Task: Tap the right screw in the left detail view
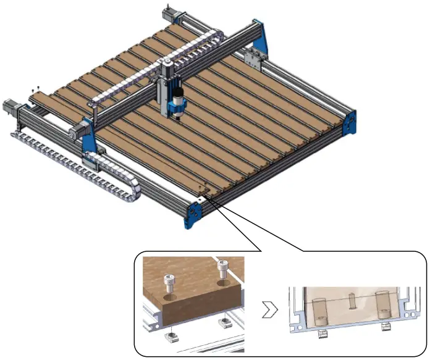click(x=222, y=269)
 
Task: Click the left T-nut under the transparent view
click(x=321, y=333)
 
